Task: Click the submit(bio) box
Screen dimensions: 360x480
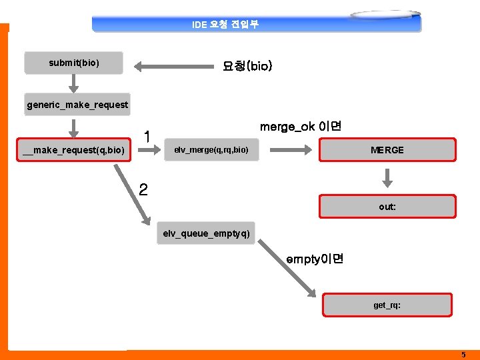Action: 74,63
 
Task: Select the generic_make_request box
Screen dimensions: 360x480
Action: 77,105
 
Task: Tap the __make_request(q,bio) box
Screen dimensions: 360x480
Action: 74,150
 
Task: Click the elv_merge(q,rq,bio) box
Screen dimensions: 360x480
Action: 211,150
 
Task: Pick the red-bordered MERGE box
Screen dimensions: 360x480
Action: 387,150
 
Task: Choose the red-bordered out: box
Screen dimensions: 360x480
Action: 387,207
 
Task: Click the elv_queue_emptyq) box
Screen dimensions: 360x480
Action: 207,233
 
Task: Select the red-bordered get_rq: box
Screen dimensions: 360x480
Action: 387,305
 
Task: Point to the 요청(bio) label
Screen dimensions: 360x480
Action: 247,67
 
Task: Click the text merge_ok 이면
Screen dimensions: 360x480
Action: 301,127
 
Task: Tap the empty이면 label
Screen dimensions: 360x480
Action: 315,259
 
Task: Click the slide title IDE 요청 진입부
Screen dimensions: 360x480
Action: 225,25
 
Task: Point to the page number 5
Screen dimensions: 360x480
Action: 463,355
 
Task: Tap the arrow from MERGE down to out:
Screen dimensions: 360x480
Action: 387,178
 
